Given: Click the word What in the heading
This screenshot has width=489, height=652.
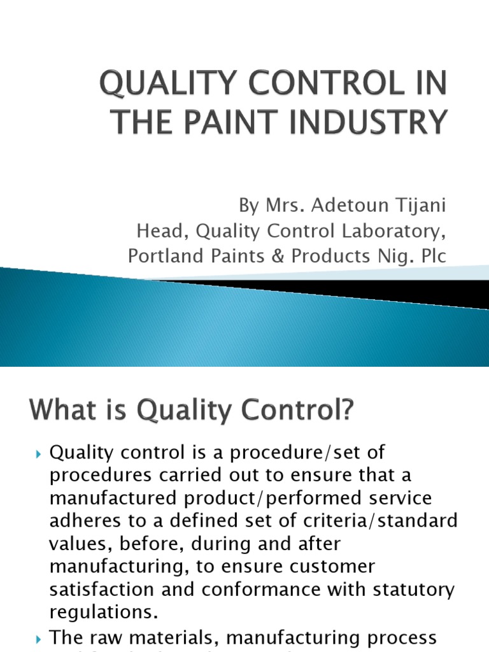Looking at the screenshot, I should click(x=60, y=411).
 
